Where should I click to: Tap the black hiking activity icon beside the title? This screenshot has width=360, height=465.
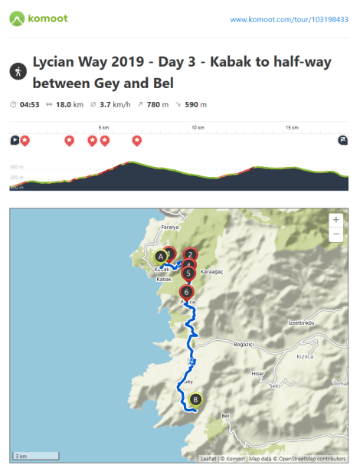17,72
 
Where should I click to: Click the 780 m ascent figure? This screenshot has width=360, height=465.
158,104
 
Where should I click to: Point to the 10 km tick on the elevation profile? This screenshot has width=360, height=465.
198,127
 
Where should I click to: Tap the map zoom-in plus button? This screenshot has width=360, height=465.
335,220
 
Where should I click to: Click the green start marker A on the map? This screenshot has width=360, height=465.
160,257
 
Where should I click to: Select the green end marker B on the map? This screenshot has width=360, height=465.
195,399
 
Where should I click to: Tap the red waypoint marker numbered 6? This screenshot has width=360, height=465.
186,292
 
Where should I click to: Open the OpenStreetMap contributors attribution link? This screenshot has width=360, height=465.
312,459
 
